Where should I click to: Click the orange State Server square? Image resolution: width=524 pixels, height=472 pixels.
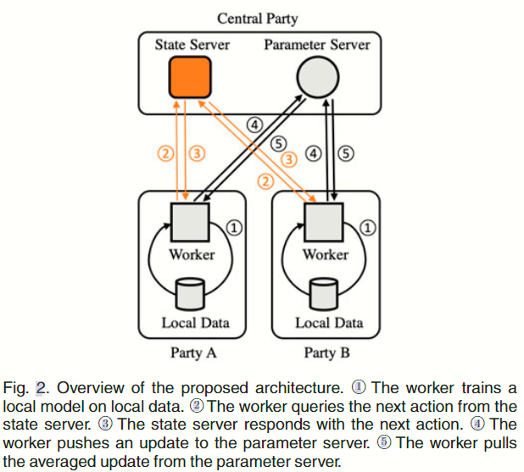[x=188, y=77]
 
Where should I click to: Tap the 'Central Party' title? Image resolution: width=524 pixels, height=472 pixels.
[x=257, y=18]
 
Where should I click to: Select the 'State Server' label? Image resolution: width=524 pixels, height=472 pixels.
[x=187, y=44]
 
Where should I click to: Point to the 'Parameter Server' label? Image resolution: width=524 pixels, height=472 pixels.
[x=316, y=44]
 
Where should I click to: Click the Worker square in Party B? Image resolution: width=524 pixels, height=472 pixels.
[x=325, y=221]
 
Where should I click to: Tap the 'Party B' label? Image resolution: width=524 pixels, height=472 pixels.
[x=326, y=352]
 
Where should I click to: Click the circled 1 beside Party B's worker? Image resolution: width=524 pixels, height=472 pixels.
[x=369, y=227]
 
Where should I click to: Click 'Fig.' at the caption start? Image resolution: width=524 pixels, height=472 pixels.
[x=17, y=387]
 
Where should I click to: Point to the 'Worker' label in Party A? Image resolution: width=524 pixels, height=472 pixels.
[x=192, y=254]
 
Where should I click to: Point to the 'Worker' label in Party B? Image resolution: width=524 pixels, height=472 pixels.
[x=326, y=254]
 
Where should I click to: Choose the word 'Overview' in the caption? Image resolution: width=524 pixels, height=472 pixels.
[x=86, y=387]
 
